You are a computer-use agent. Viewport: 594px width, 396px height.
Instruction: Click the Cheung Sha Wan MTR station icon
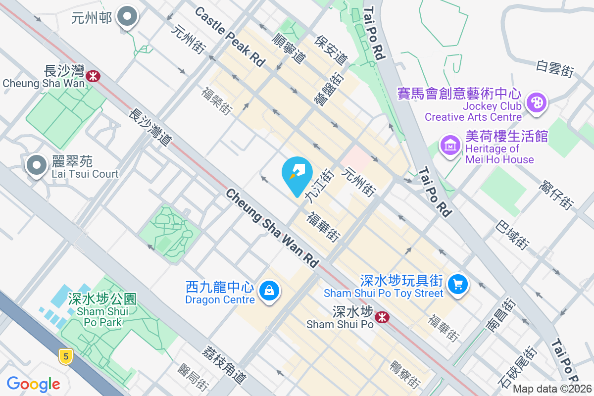click(x=93, y=76)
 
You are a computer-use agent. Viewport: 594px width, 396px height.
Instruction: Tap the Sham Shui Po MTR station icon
click(x=381, y=317)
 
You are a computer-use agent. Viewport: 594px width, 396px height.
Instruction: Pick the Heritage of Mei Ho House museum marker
click(x=450, y=146)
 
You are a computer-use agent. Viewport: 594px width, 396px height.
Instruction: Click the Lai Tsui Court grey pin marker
click(x=37, y=165)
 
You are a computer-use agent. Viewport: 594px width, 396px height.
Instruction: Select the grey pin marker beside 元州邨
click(x=127, y=17)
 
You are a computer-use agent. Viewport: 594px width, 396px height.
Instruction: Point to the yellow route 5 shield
click(x=65, y=355)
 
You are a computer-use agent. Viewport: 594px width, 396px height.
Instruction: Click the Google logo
click(x=34, y=384)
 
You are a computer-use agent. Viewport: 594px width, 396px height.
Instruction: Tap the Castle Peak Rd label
click(x=230, y=37)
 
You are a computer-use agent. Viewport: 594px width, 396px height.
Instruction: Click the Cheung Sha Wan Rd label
click(x=272, y=228)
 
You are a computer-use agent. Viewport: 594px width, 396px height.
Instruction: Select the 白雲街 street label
click(x=554, y=68)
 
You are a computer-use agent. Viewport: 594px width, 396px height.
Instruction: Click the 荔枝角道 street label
click(x=223, y=364)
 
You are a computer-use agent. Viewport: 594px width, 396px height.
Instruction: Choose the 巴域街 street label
click(x=513, y=234)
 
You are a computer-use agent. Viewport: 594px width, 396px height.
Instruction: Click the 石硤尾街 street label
click(x=517, y=367)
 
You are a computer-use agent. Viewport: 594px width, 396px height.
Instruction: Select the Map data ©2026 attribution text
click(x=552, y=389)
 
